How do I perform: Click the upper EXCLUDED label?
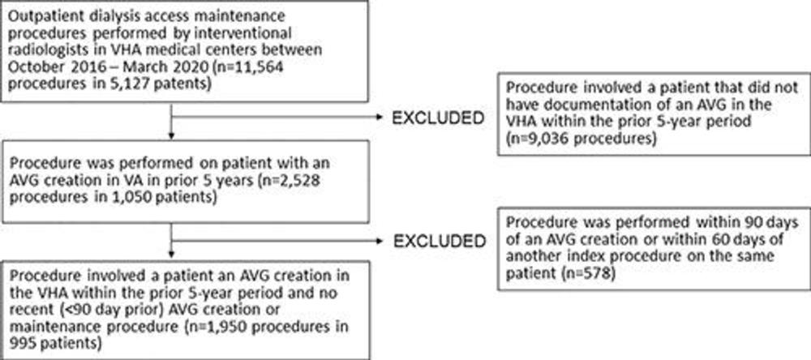click(438, 118)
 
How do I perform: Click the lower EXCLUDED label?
click(438, 241)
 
